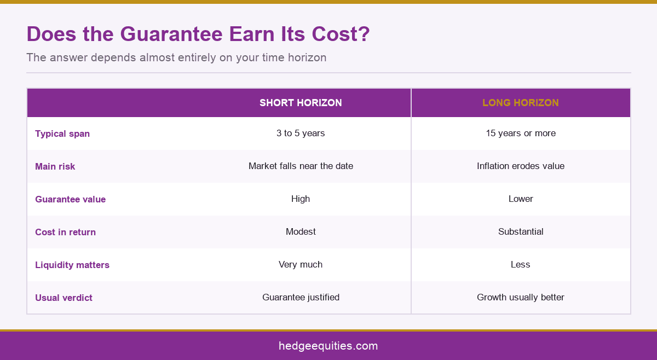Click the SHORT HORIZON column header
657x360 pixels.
pos(301,103)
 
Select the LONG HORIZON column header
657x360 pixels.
pos(521,103)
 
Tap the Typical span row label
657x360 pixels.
pos(62,133)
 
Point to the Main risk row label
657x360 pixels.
pos(55,166)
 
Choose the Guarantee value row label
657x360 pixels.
pos(71,199)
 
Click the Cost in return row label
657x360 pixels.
pos(65,232)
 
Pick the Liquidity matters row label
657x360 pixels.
pos(72,265)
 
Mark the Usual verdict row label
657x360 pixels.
pos(64,298)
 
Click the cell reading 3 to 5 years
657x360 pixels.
pos(301,133)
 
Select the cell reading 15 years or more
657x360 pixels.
pos(521,133)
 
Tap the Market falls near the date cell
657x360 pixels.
pos(301,166)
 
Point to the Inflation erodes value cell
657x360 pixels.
pos(521,166)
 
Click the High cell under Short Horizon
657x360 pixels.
pos(301,199)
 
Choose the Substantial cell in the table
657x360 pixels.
pos(521,231)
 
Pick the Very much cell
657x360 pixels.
pos(301,264)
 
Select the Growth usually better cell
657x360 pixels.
pos(521,297)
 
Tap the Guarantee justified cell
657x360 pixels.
pos(301,297)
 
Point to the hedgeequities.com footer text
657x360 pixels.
pos(328,346)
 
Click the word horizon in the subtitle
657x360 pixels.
pos(307,57)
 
